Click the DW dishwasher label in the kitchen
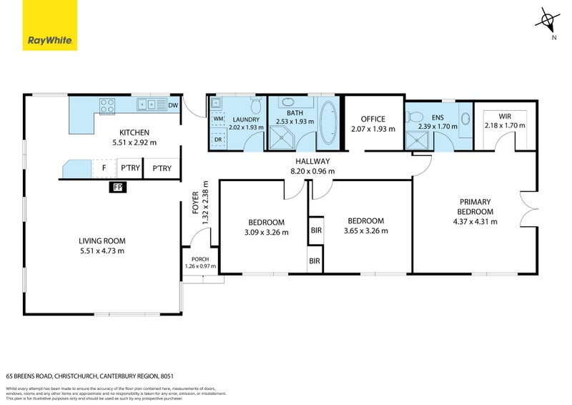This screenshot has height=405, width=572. [x=173, y=106]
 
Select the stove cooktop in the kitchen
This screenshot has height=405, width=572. [x=107, y=105]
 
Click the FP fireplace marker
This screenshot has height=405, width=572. [x=117, y=187]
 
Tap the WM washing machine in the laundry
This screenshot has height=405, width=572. [x=218, y=119]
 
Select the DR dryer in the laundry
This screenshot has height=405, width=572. [x=218, y=140]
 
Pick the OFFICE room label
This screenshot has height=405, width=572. [x=373, y=119]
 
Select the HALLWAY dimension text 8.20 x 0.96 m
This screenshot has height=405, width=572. [x=312, y=172]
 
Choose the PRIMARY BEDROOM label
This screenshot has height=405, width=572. [x=475, y=207]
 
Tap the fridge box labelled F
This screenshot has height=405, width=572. [x=104, y=169]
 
